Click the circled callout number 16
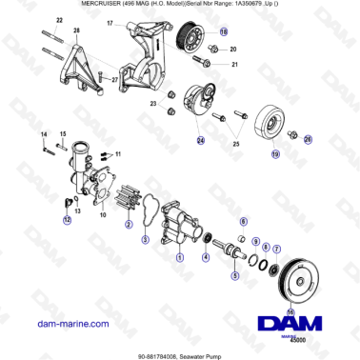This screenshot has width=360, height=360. pyautogui.click(x=291, y=310)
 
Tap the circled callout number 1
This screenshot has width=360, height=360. pyautogui.click(x=181, y=255)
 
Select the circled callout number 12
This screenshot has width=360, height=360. pyautogui.click(x=66, y=219)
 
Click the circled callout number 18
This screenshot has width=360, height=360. pyautogui.click(x=224, y=31)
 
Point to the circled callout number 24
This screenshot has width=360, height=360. pyautogui.click(x=201, y=141)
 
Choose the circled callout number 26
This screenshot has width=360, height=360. pyautogui.click(x=308, y=139)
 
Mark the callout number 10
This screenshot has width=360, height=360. pyautogui.click(x=102, y=215)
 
